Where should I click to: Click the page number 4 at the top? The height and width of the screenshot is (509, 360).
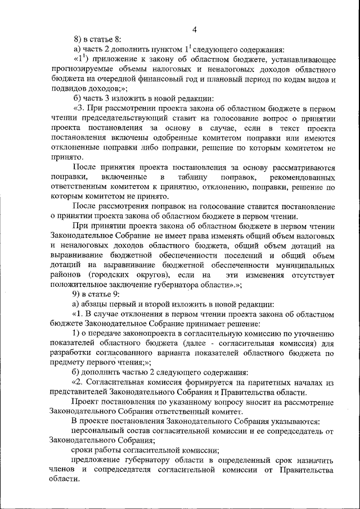pos(194,30)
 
